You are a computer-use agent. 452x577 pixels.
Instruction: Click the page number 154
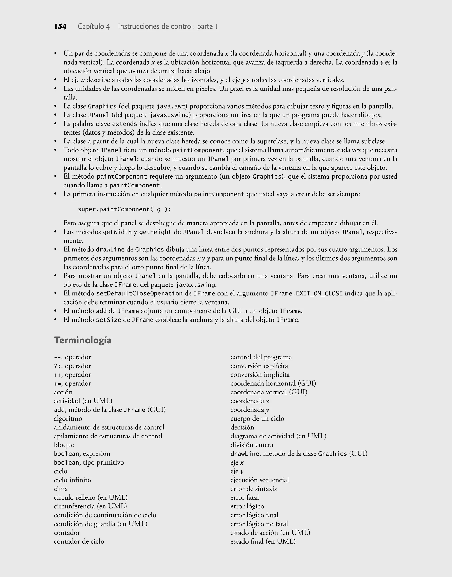pyautogui.click(x=60, y=27)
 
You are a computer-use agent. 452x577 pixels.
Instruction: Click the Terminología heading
pyautogui.click(x=83, y=340)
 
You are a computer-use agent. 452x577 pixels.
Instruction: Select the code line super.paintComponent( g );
pyautogui.click(x=124, y=209)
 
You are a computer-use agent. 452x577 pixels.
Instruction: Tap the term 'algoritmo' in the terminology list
pyautogui.click(x=68, y=419)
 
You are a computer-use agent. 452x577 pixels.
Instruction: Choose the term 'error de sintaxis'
pyautogui.click(x=253, y=489)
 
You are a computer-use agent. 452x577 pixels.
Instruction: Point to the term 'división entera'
pyautogui.click(x=252, y=445)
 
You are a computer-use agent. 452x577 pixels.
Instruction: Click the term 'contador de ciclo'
pyautogui.click(x=79, y=541)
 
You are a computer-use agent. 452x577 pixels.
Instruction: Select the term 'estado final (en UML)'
pyautogui.click(x=263, y=541)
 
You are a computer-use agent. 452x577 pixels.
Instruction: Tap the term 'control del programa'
pyautogui.click(x=261, y=357)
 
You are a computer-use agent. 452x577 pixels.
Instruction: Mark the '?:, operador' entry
pyautogui.click(x=72, y=366)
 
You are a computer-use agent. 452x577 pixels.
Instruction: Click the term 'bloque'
pyautogui.click(x=64, y=445)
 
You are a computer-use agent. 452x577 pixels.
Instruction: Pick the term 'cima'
pyautogui.click(x=61, y=489)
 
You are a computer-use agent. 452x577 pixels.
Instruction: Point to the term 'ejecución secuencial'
pyautogui.click(x=260, y=480)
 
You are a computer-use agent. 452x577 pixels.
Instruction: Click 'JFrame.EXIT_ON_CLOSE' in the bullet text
pyautogui.click(x=307, y=293)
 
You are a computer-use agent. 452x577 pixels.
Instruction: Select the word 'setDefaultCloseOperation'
pyautogui.click(x=139, y=293)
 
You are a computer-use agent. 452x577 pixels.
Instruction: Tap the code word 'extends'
pyautogui.click(x=125, y=124)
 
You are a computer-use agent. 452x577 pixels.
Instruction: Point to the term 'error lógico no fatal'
pyautogui.click(x=259, y=524)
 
